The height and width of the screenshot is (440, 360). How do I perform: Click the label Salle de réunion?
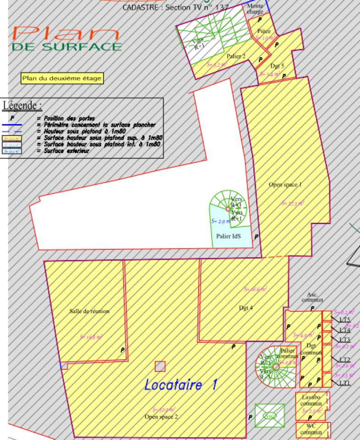(89, 311)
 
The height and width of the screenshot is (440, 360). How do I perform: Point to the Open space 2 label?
(161, 417)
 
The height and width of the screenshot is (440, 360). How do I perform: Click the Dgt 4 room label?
(246, 308)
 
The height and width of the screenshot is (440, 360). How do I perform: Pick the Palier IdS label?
(229, 236)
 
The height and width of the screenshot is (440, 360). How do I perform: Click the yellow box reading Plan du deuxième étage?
(62, 78)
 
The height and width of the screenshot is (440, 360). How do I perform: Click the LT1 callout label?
(345, 383)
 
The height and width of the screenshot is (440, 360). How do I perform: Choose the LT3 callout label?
(345, 340)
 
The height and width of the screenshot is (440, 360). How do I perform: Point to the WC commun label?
(311, 429)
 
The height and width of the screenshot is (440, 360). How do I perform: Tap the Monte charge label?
(255, 9)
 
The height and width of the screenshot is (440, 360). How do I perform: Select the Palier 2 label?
(236, 56)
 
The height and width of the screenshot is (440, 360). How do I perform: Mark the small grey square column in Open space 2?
(160, 366)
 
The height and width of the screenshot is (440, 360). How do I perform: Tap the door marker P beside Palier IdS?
(256, 236)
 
